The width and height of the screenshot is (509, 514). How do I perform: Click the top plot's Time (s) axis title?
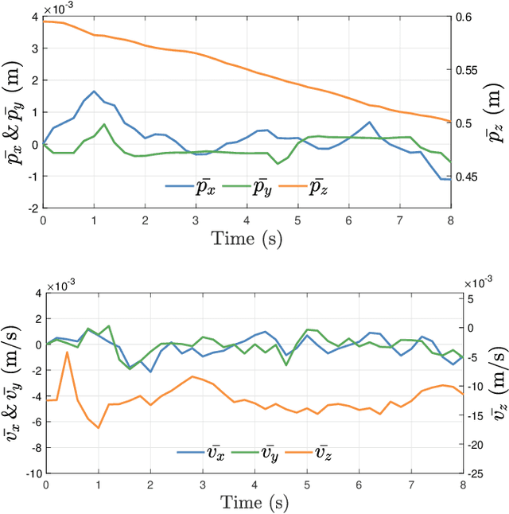coord(247,238)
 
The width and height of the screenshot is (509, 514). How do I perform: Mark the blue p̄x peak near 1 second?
coord(94,92)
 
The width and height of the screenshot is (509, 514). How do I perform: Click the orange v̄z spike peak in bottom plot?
coord(67,352)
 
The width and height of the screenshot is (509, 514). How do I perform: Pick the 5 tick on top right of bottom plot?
coord(470,298)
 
